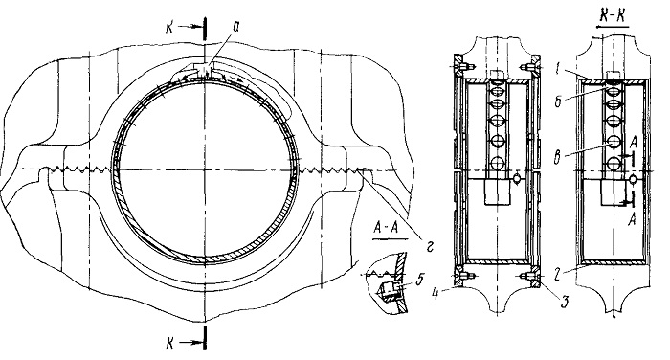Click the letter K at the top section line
coord(170,27)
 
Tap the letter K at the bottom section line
coord(170,344)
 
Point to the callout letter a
coord(235,27)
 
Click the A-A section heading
coord(386,228)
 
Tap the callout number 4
coord(435,295)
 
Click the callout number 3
coord(565,302)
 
